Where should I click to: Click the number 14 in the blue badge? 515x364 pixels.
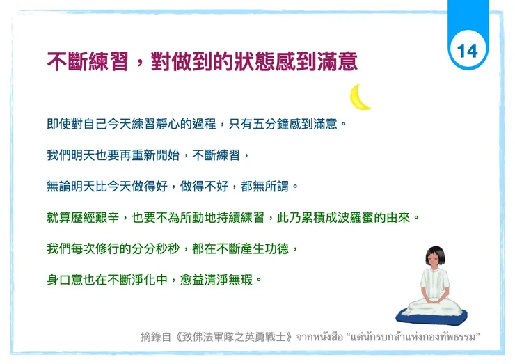point(468,50)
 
